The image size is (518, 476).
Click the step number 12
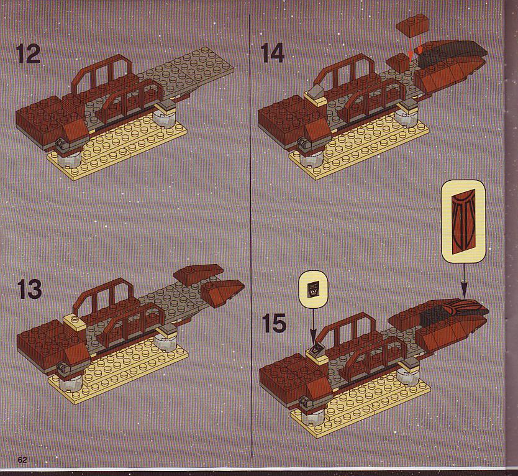28,54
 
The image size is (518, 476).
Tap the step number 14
272,53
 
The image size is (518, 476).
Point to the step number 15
274,323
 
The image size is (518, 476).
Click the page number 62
22,460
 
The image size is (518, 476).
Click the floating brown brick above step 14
412,25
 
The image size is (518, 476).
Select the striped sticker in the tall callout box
463,220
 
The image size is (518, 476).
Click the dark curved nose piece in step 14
454,51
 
